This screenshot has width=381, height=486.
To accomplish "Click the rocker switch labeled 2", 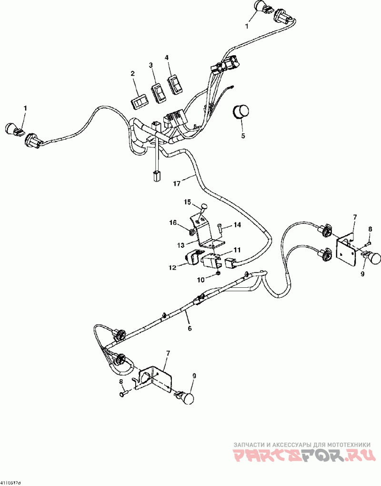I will pos(140,101).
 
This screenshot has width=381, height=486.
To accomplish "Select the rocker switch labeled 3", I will pos(157,92).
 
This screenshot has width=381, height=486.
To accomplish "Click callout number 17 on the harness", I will pos(177,183).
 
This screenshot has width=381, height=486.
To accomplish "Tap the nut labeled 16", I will pos(190,233).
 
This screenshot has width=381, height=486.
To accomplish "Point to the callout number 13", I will pos(180,245).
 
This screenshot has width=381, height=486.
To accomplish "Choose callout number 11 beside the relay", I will pos(237,250).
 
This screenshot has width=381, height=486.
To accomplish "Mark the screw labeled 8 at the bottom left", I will pos(123,394).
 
